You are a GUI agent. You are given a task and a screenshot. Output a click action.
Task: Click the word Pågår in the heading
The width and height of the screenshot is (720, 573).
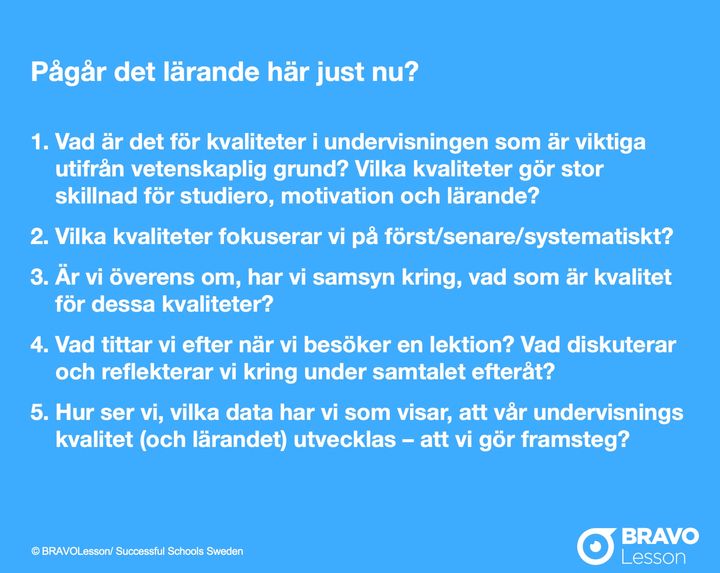click(68, 73)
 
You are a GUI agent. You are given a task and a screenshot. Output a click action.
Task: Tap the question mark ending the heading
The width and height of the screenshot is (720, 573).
click(411, 72)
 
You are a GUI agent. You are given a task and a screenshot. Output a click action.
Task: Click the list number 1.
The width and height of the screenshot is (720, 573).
click(39, 142)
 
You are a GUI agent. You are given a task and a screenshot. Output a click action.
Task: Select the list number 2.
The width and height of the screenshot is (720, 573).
click(39, 237)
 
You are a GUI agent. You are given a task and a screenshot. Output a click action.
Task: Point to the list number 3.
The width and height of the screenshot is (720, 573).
click(39, 277)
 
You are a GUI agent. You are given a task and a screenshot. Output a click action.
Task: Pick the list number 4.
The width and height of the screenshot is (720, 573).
click(39, 345)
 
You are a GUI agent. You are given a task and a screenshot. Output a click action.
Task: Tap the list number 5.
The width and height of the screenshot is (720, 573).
click(39, 412)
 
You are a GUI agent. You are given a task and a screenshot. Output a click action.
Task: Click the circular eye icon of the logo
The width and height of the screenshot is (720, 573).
click(596, 546)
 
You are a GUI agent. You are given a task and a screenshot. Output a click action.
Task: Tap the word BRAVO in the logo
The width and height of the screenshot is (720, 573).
click(660, 536)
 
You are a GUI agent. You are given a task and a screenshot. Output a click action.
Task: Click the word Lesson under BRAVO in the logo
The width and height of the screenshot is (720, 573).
click(653, 557)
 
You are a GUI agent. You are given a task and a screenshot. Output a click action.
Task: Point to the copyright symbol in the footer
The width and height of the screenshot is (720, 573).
click(35, 551)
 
